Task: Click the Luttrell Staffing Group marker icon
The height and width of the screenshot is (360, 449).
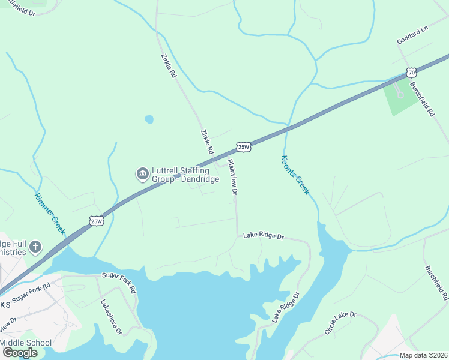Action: click(142, 174)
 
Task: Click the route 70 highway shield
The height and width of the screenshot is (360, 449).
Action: click(411, 73)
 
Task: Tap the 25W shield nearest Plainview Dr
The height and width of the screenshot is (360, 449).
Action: click(243, 147)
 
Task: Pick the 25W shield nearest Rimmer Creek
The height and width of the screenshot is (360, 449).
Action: click(97, 221)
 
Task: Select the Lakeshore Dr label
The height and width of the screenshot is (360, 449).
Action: click(111, 316)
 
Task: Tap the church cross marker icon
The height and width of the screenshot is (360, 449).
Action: click(35, 246)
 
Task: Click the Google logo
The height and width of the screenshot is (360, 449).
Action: click(19, 353)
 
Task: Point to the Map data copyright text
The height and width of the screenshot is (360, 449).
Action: click(423, 355)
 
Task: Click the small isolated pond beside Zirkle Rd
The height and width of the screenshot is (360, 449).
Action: click(149, 119)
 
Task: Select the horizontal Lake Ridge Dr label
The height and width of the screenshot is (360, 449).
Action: click(263, 236)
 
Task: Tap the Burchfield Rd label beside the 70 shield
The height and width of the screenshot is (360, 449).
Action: click(422, 100)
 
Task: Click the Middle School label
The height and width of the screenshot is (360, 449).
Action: click(26, 343)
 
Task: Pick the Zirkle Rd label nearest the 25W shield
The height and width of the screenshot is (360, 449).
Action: click(207, 142)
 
